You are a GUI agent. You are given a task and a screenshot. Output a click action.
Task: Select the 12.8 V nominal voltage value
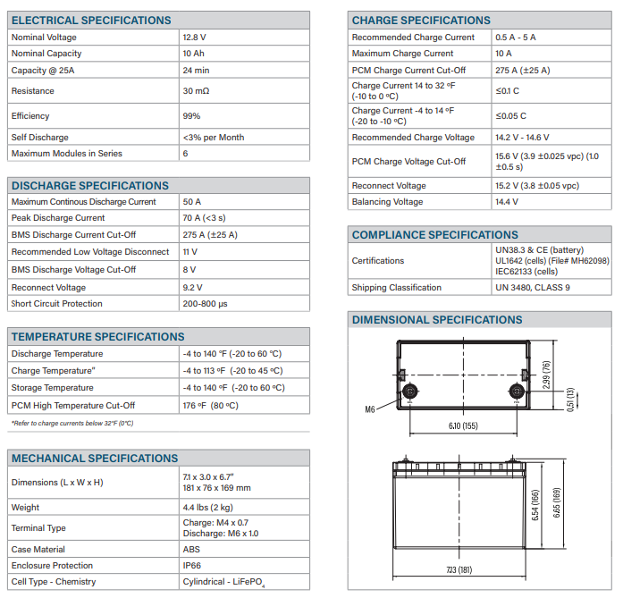point(194,38)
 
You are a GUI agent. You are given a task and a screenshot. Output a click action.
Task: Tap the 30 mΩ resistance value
point(196,91)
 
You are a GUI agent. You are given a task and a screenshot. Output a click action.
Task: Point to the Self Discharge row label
point(40,138)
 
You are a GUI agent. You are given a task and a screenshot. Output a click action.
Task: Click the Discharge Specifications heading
point(89,186)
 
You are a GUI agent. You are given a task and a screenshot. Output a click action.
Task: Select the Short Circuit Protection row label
point(57,304)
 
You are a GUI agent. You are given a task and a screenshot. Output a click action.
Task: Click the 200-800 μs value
point(205,304)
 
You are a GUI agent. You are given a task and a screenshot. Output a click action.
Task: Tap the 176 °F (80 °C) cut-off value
point(210,406)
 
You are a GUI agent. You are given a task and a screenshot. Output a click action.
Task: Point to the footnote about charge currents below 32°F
point(72,423)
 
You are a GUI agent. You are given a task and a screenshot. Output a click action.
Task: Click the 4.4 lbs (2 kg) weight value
point(208,507)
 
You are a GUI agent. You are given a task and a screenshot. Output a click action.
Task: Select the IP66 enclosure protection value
point(192,566)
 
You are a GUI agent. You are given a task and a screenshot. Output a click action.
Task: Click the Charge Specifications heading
point(421,20)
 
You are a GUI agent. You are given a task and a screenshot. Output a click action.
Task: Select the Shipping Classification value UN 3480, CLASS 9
point(532,288)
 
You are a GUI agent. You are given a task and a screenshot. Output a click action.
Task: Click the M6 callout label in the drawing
point(370,409)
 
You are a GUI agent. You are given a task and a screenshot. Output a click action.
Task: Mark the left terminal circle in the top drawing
point(411,391)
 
